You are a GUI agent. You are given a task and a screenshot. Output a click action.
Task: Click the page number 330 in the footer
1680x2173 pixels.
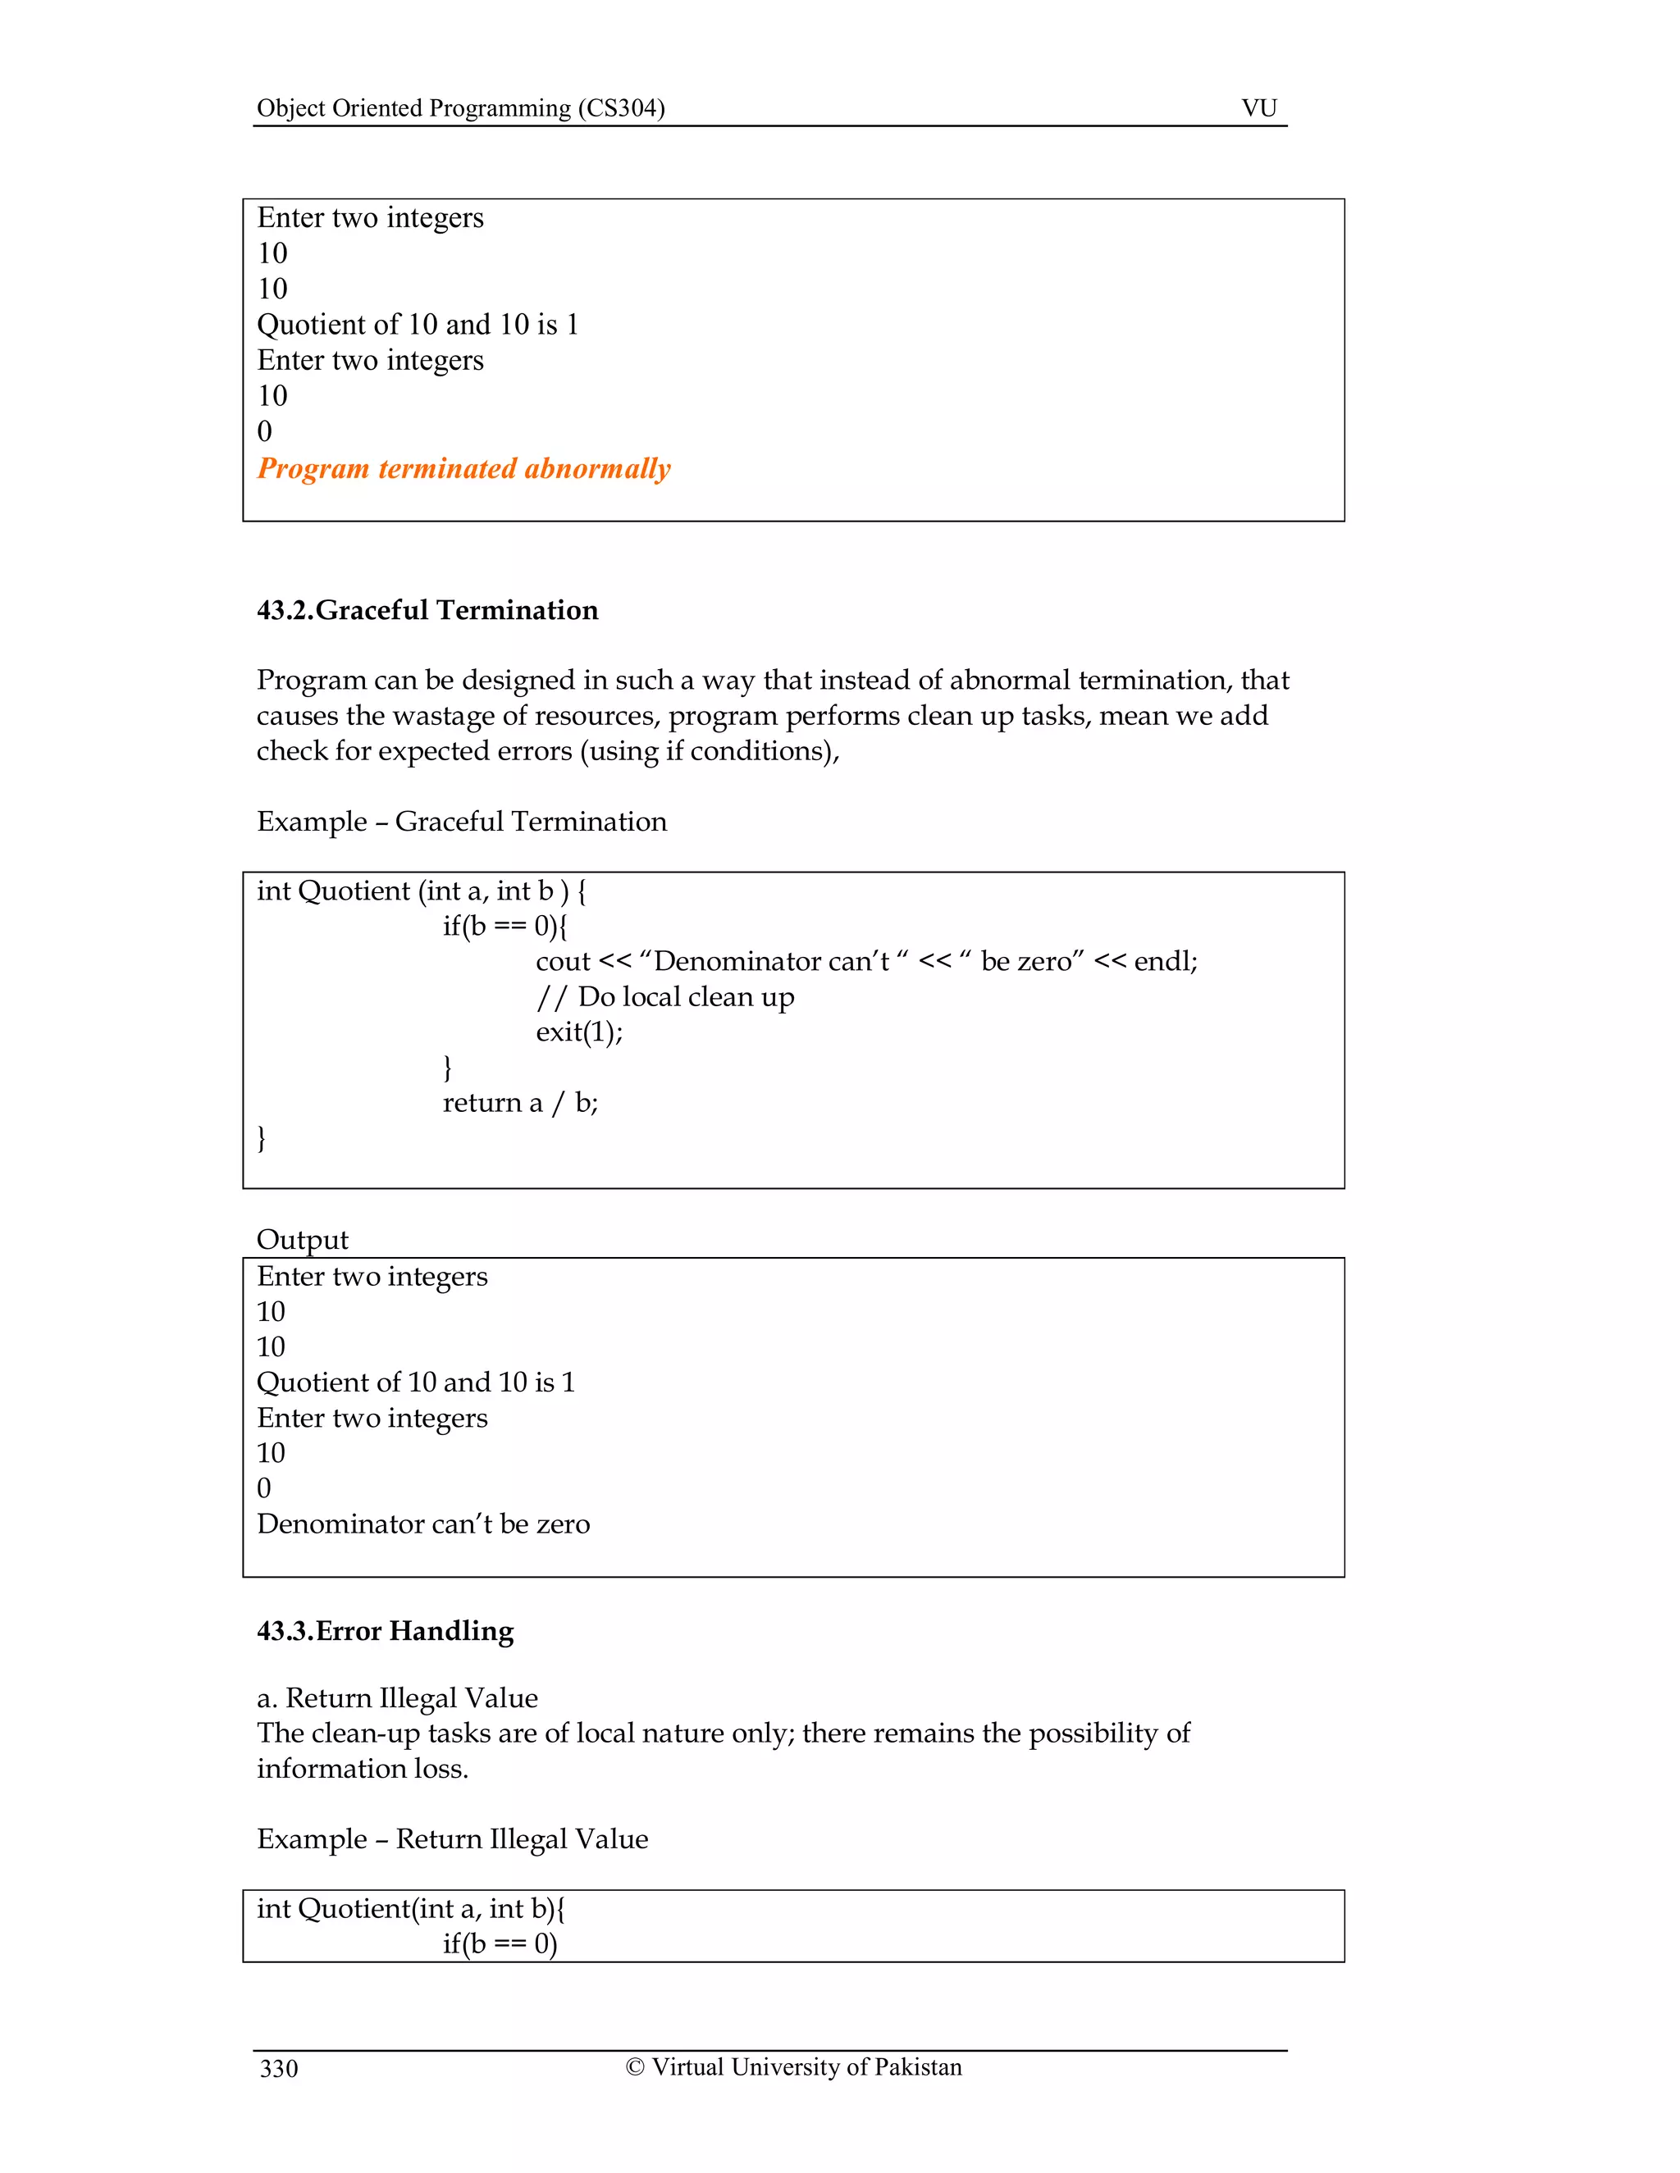(x=279, y=2069)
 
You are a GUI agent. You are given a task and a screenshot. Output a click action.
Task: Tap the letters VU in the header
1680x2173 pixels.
(x=1259, y=107)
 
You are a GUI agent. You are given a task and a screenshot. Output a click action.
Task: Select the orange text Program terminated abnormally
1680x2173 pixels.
(x=463, y=467)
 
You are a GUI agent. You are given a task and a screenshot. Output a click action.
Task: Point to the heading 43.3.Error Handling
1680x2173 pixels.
(x=386, y=1631)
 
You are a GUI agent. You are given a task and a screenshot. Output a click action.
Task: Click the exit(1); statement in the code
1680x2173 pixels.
(x=579, y=1032)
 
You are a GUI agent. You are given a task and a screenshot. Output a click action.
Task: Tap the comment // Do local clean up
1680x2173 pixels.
(x=664, y=996)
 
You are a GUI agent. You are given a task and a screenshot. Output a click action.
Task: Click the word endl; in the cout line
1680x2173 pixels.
(x=1166, y=961)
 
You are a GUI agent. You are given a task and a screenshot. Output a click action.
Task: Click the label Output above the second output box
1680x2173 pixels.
(x=303, y=1239)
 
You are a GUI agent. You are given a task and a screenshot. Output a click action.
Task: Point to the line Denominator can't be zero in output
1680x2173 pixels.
(x=423, y=1524)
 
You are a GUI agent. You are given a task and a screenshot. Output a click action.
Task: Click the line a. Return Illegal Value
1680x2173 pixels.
(x=397, y=1697)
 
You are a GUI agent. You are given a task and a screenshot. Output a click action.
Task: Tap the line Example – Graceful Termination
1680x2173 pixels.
(x=462, y=821)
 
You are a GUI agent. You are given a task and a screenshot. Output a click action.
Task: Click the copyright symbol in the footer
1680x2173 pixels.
(x=635, y=2067)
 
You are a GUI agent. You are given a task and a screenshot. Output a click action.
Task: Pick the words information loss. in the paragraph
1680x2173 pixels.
(x=363, y=1768)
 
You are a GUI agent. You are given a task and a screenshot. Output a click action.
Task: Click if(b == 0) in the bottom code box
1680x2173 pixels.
(x=500, y=1943)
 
